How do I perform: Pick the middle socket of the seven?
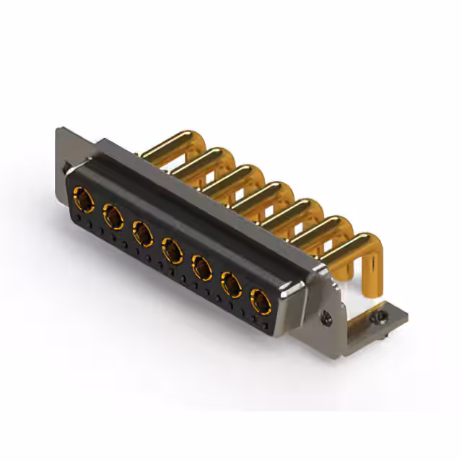click(172, 250)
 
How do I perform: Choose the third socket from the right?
click(201, 269)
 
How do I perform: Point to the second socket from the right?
click(231, 286)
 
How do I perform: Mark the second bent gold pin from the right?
click(318, 227)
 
